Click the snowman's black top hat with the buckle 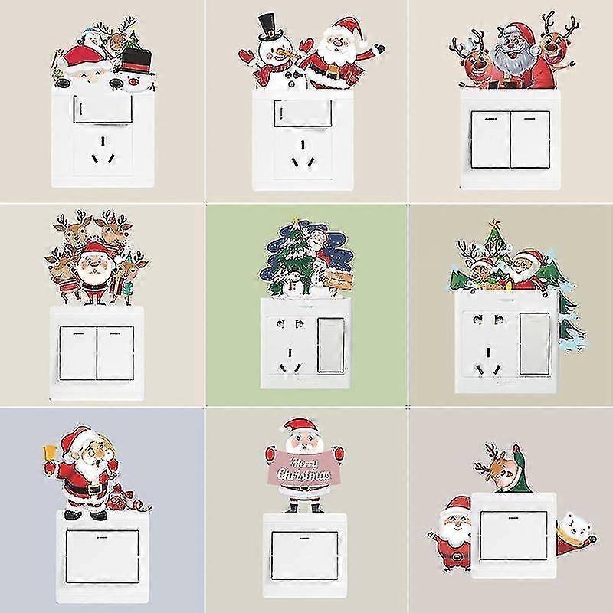click(270, 28)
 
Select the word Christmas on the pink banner click(303, 475)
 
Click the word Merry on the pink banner click(303, 464)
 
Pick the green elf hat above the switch click(520, 469)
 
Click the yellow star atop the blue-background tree click(295, 220)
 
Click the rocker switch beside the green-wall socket click(331, 344)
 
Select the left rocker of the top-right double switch click(490, 139)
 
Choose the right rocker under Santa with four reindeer click(115, 353)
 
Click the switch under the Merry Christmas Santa click(304, 556)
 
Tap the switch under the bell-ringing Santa click(102, 556)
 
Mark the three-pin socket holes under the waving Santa click(303, 154)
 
